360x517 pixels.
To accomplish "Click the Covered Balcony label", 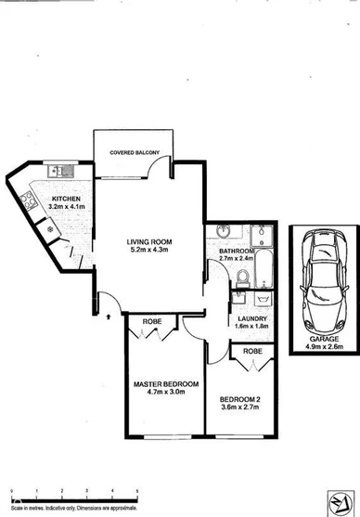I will tap(134, 151).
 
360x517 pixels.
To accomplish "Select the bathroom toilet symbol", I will tap(242, 275).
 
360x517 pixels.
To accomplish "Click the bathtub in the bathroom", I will tap(264, 268).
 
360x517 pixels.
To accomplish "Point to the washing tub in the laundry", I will tap(262, 299).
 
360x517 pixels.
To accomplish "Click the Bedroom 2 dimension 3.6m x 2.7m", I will tap(242, 406).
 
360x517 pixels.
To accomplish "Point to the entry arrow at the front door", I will tap(110, 317).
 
